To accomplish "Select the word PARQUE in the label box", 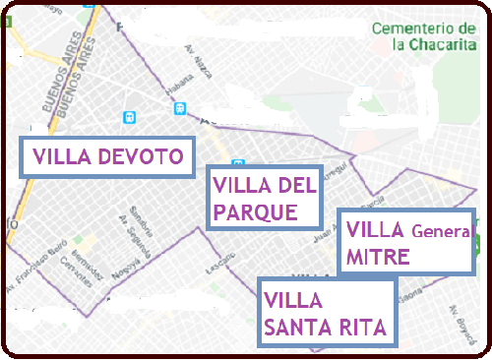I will pyautogui.click(x=255, y=211).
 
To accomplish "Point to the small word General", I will pyautogui.click(x=442, y=232).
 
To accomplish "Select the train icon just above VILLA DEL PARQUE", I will pyautogui.click(x=237, y=163).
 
